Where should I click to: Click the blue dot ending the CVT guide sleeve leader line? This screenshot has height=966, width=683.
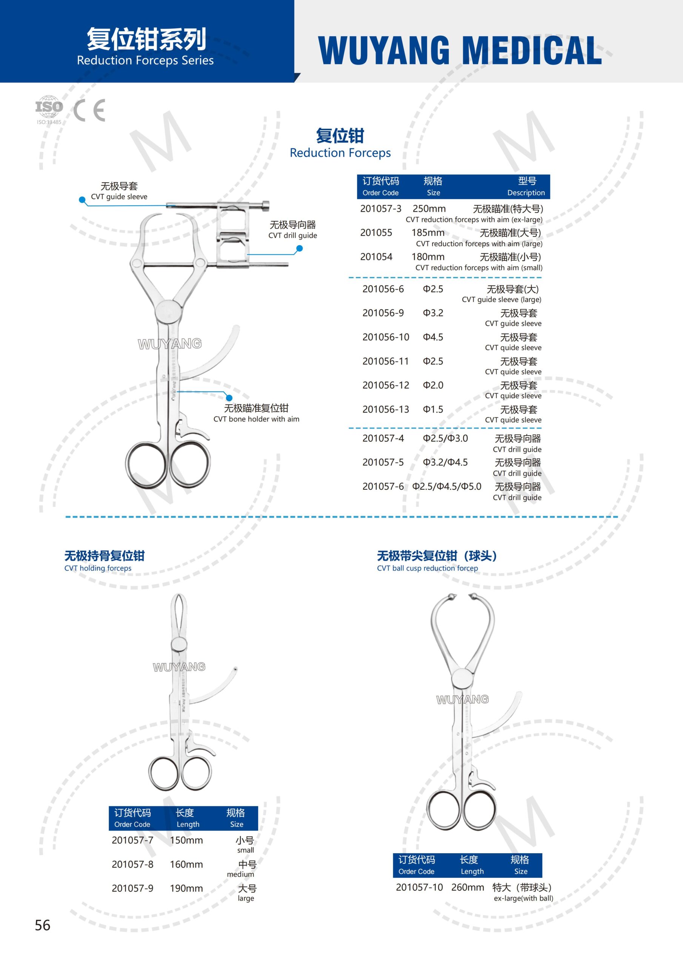coord(82,200)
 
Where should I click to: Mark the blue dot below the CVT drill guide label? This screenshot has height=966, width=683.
coord(300,248)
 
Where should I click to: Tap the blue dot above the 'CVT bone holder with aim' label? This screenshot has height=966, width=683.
coord(229,398)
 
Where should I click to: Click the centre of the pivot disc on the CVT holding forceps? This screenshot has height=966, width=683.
coord(179,643)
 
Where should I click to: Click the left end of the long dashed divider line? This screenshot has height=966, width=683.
coord(66,517)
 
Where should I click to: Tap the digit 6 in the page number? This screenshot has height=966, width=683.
coord(46,925)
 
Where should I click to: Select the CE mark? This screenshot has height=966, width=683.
coord(89,110)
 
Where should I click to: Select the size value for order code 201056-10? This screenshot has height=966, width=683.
coord(433,337)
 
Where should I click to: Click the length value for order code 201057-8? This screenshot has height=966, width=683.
coord(186,864)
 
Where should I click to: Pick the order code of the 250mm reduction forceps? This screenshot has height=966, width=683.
coord(380,209)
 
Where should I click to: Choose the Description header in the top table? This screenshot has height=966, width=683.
coord(526,193)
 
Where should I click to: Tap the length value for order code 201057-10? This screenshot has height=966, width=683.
coord(468,887)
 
